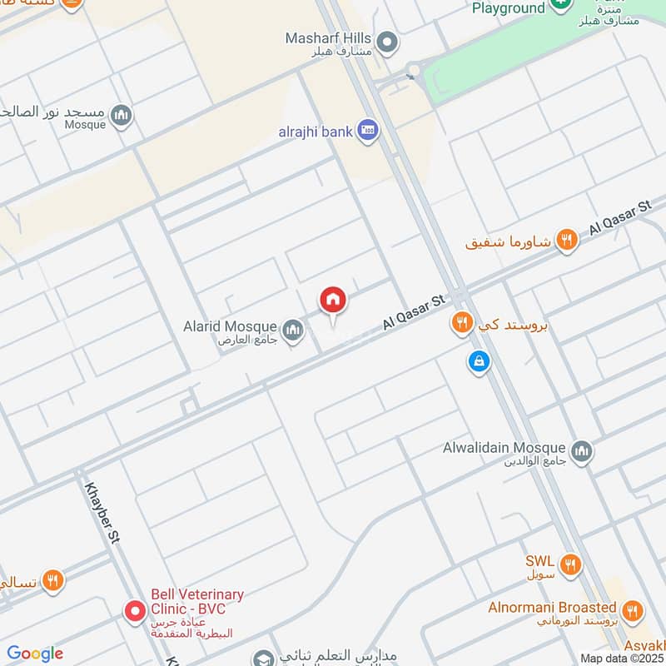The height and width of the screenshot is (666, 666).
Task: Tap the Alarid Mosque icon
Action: click(292, 332)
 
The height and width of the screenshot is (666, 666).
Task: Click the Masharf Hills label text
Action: click(328, 38)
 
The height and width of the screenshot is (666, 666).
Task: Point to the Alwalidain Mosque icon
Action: click(582, 450)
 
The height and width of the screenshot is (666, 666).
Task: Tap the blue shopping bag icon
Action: click(478, 361)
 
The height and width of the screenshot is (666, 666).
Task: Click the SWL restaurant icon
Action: click(569, 565)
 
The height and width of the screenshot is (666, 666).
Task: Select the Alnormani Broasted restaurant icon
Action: click(633, 612)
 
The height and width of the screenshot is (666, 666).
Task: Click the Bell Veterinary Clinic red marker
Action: click(134, 612)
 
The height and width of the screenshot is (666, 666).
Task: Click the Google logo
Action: click(35, 654)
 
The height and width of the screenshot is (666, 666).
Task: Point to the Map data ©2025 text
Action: click(621, 658)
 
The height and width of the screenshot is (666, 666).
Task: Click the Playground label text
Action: click(508, 8)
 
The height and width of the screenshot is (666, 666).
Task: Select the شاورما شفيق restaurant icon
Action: click(567, 241)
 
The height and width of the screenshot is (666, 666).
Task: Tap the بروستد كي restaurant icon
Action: click(462, 322)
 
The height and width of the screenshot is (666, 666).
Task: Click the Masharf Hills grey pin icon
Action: click(386, 41)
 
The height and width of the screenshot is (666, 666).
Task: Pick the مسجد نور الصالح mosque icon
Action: click(122, 115)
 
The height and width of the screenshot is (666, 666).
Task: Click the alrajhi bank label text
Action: click(316, 132)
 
